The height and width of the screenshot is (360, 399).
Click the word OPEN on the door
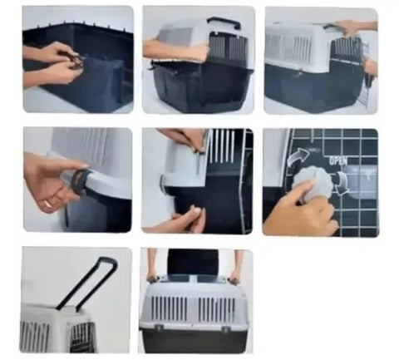pos(338,160)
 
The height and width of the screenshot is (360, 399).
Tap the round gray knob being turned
pos(311,182)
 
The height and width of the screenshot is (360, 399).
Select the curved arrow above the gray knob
pos(298,157)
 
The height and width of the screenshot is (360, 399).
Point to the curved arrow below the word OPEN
pos(342,182)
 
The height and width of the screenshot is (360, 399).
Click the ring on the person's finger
pos(47,204)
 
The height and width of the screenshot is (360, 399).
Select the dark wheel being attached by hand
pos(81,181)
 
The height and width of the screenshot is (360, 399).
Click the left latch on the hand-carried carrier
pos(160,328)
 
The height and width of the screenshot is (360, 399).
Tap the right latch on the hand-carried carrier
pos(226,329)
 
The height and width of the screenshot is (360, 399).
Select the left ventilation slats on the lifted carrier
pos(169,308)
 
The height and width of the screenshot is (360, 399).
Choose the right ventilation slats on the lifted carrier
pos(217,309)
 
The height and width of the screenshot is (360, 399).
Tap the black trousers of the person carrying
pos(193,261)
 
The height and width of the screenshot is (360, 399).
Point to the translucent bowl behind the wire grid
pos(361,182)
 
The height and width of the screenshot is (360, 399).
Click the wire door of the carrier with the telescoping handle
pos(82,337)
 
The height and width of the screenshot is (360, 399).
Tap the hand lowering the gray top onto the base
pos(176,49)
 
